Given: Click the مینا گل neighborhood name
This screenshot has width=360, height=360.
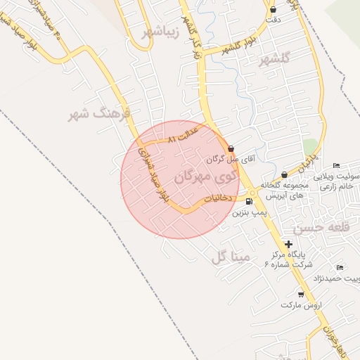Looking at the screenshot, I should pos(231,257).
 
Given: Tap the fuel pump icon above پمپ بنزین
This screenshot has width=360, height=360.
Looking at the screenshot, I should pos(248,201).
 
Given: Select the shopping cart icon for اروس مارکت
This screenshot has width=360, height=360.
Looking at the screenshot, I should pos(301,295).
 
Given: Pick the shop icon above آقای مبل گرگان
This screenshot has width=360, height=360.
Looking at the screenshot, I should pos(231,148).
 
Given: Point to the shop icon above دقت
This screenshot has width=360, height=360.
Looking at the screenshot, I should pos(273,9).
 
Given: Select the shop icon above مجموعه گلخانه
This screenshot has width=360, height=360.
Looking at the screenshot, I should pos(284,174).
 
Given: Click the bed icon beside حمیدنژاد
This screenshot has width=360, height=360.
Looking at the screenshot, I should pos(340,268).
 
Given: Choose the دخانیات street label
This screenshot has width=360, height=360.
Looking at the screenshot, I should pos(217,199).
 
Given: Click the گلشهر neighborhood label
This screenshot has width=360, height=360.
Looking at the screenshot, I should pos(274,60).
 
